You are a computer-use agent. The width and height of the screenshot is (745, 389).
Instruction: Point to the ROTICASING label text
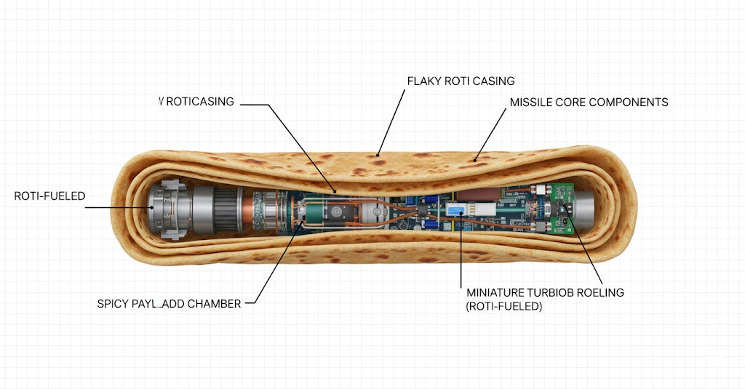pyautogui.click(x=200, y=102)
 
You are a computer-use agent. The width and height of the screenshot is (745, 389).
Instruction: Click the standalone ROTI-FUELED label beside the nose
pyautogui.click(x=50, y=196)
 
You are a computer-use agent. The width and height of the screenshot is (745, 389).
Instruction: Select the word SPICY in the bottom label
pyautogui.click(x=113, y=304)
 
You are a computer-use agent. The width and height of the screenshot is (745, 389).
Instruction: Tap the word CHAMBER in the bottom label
pyautogui.click(x=215, y=304)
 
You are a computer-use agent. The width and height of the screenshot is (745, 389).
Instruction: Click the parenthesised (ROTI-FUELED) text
pyautogui.click(x=504, y=307)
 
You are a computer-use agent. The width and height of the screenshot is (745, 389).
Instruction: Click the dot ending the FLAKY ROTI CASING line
pyautogui.click(x=377, y=154)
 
